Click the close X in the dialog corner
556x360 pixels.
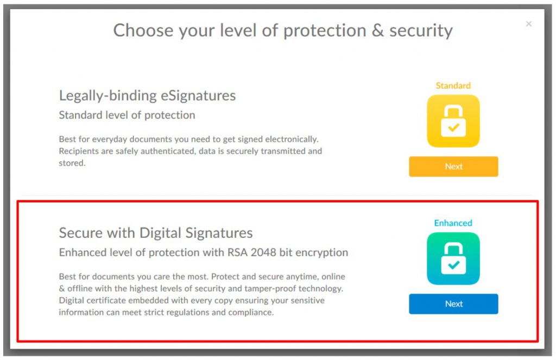coord(529,24)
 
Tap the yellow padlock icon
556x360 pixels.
coord(453,121)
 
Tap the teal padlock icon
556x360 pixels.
coord(453,258)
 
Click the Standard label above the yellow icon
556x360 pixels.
coord(453,86)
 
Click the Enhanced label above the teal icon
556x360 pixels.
coord(453,223)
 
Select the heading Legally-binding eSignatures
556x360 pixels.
coord(147,96)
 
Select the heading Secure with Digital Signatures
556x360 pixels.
coord(156,233)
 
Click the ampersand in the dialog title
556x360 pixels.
coord(377,30)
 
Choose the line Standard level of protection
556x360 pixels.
coord(127,115)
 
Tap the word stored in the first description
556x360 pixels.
coord(71,163)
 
